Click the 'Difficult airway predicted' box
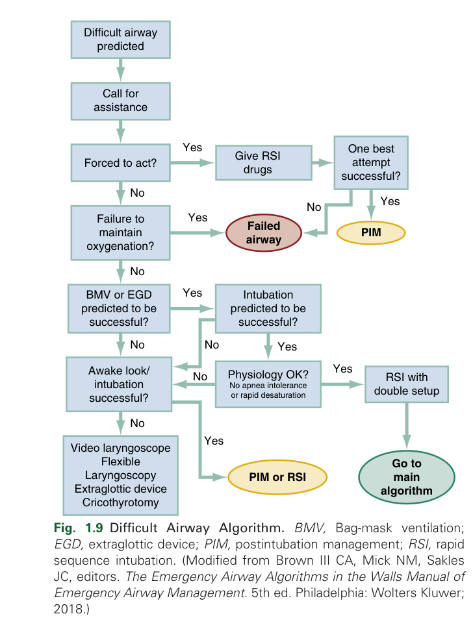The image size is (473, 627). pos(120,39)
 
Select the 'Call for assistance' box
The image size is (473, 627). pos(120,101)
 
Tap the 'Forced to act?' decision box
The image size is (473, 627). pos(120,163)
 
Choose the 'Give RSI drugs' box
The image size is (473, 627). pos(262,163)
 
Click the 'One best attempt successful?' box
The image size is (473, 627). pos(371,162)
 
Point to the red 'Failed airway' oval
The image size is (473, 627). pos(264,232)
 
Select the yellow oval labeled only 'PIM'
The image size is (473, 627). pos(371,232)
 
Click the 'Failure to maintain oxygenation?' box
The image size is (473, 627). pos(120,232)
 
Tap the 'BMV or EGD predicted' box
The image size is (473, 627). pos(120,309)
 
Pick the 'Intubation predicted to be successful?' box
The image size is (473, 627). pos(268,309)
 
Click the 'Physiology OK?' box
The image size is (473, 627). pos(268,384)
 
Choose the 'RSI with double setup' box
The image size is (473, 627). pos(407,384)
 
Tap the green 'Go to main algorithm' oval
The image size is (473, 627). pos(407,477)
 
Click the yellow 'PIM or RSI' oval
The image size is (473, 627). pos(276,477)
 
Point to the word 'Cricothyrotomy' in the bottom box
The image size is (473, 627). pos(121,502)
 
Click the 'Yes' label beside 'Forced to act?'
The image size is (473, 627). pos(192,147)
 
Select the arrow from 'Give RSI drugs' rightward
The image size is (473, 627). pos(322,163)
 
